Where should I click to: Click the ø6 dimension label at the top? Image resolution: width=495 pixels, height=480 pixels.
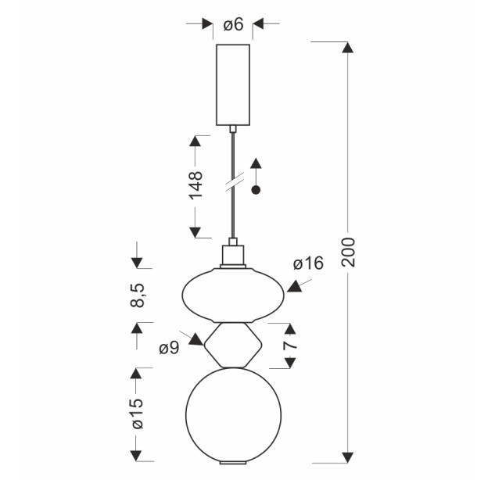click(x=234, y=24)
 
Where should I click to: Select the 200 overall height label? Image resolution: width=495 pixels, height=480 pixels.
click(x=349, y=253)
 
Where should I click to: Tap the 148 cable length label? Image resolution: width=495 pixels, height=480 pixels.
click(x=195, y=185)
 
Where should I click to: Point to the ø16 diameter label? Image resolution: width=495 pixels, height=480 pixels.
click(x=308, y=263)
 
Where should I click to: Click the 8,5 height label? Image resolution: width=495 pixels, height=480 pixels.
click(x=138, y=295)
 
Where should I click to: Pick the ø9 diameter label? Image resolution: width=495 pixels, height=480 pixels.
click(x=169, y=348)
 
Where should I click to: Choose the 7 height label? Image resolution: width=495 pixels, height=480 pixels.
click(x=290, y=346)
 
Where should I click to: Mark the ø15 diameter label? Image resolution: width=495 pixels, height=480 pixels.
click(x=138, y=414)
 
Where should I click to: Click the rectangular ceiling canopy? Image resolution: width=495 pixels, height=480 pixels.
click(x=233, y=85)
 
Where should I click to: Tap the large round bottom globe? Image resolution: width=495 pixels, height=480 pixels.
click(x=233, y=415)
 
